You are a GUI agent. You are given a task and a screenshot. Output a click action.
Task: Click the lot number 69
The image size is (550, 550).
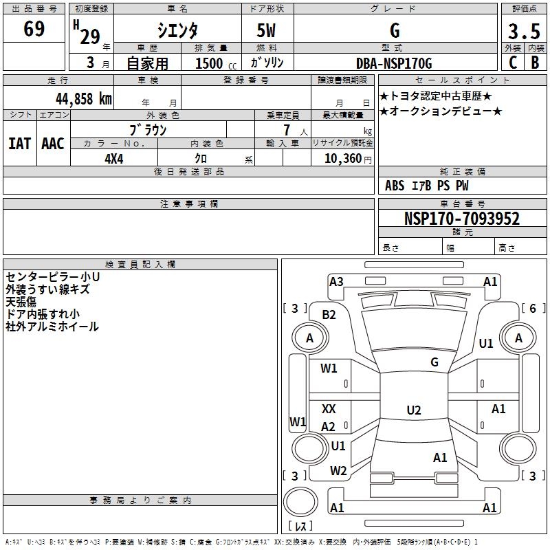click(x=34, y=30)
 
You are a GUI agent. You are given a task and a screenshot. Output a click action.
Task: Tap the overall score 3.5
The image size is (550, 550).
click(x=523, y=32)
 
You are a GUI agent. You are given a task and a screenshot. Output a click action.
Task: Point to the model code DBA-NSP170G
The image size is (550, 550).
click(x=395, y=63)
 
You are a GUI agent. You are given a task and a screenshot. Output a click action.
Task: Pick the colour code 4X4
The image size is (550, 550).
click(x=114, y=157)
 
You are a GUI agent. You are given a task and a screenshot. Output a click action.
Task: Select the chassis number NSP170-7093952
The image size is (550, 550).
click(x=461, y=219)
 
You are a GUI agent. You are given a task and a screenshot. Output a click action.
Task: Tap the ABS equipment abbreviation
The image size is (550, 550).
click(x=395, y=186)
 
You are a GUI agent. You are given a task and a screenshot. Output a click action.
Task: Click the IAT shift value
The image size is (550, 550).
click(x=19, y=143)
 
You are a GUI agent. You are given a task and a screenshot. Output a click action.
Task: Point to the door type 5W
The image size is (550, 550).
click(x=267, y=31)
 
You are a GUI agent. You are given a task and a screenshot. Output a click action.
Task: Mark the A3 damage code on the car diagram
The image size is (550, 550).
click(x=336, y=281)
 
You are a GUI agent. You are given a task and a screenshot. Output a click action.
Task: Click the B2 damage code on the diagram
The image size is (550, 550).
click(x=329, y=314)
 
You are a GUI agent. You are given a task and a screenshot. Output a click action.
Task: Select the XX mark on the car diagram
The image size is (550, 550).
click(x=329, y=409)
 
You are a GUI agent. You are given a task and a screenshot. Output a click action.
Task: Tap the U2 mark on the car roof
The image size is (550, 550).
click(x=413, y=410)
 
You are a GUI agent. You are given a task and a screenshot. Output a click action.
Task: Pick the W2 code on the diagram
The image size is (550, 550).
click(x=338, y=471)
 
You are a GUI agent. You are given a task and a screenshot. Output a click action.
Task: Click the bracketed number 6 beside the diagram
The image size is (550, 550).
click(x=532, y=309)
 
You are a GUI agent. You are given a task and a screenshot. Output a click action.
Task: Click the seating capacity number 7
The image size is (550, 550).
click(x=286, y=130)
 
